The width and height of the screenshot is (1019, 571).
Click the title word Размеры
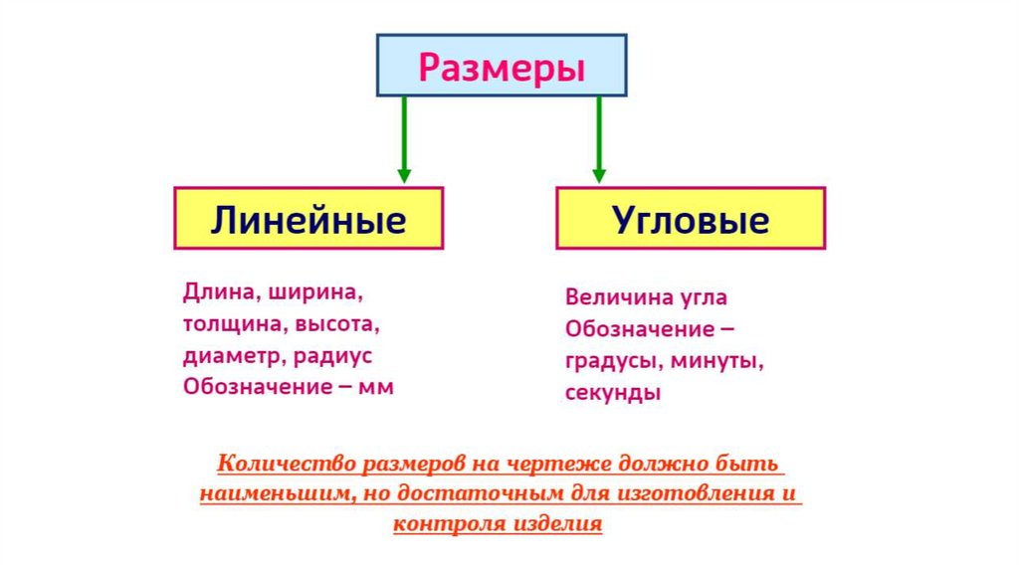coord(501,69)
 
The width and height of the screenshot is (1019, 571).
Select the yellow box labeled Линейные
coord(308,219)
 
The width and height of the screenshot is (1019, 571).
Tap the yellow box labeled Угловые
coord(690,219)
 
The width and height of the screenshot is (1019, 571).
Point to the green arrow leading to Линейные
coord(403,139)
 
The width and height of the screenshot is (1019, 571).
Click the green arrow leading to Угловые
coord(598,139)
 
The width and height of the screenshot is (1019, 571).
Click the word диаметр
coord(229,356)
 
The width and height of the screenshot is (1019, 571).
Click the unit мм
coord(378,387)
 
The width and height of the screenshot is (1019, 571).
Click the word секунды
coord(613,392)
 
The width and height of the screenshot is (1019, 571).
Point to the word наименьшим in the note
coord(270,493)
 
